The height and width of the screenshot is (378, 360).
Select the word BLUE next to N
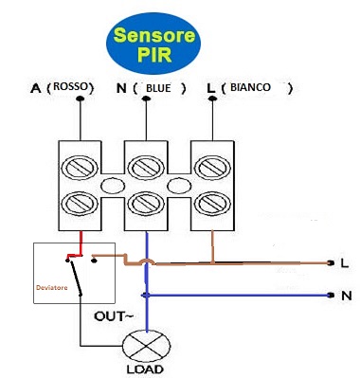pos(157,88)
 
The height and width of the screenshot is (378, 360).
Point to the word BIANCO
pos(249,87)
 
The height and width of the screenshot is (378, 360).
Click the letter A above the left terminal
pos(36,88)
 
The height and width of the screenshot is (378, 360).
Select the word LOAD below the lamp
pos(142,369)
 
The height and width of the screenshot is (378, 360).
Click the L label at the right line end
pos(345,263)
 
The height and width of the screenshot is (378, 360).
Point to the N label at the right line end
pos(345,295)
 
